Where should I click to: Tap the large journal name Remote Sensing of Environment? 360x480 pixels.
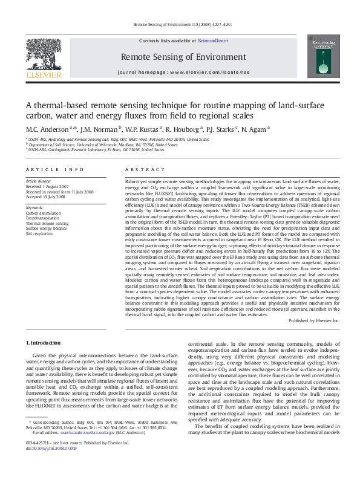179,57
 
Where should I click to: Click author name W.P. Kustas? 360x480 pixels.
143,129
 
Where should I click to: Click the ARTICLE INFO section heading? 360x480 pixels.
54,170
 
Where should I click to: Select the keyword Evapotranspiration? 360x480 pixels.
42,218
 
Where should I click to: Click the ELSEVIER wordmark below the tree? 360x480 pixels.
43,76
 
